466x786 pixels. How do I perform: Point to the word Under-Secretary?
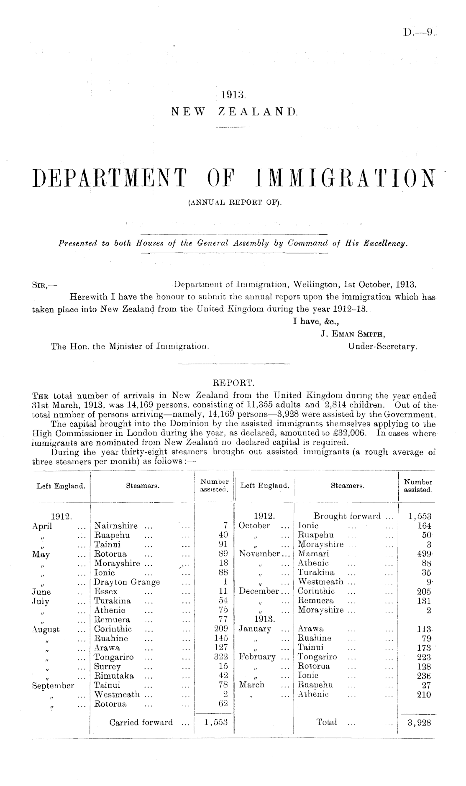(382, 346)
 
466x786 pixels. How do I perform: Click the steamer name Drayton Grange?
(127, 582)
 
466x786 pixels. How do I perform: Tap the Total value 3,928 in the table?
(416, 722)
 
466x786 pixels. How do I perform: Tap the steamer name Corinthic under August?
(113, 629)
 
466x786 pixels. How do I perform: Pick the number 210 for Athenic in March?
(422, 694)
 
